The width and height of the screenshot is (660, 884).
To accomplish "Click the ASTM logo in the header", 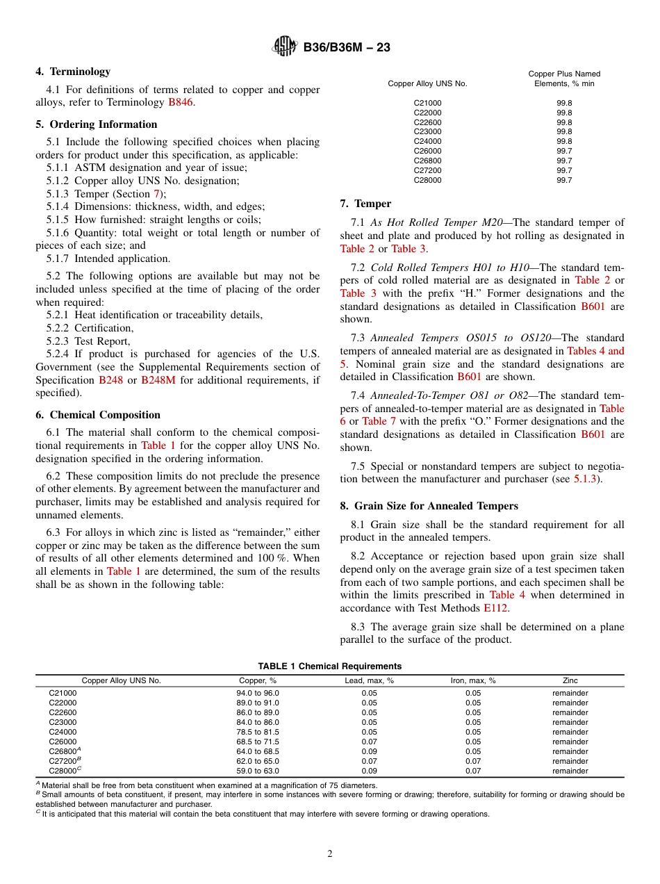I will pyautogui.click(x=285, y=47).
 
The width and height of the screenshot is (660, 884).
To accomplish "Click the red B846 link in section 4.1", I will pyautogui.click(x=181, y=103).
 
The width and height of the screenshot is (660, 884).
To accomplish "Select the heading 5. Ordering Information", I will pyautogui.click(x=97, y=124).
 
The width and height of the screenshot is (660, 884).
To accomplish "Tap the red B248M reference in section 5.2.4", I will pyautogui.click(x=158, y=380).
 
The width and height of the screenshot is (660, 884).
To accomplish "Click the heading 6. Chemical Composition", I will pyautogui.click(x=98, y=415).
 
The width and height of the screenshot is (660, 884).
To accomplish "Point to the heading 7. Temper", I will pyautogui.click(x=365, y=204).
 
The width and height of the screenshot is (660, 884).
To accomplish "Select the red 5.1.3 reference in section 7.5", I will pyautogui.click(x=588, y=480).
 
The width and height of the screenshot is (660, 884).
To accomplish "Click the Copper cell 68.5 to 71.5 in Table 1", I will pyautogui.click(x=258, y=742).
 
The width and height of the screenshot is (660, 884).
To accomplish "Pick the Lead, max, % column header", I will pyautogui.click(x=369, y=680).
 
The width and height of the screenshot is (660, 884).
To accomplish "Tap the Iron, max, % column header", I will pyautogui.click(x=473, y=680).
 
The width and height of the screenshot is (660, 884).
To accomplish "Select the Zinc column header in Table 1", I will pyautogui.click(x=570, y=680).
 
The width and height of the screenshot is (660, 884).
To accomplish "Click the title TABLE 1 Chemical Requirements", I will pyautogui.click(x=330, y=666).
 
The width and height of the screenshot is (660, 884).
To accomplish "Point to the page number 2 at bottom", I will pyautogui.click(x=330, y=854).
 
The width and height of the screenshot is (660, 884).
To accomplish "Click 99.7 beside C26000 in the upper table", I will pyautogui.click(x=564, y=151).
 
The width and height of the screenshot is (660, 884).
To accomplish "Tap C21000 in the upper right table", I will pyautogui.click(x=427, y=103).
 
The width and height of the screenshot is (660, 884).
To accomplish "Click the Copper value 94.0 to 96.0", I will pyautogui.click(x=258, y=693).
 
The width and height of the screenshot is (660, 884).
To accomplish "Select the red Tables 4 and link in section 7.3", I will pyautogui.click(x=595, y=351).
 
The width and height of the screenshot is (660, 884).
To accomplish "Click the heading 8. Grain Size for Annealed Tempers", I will pyautogui.click(x=429, y=506).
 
